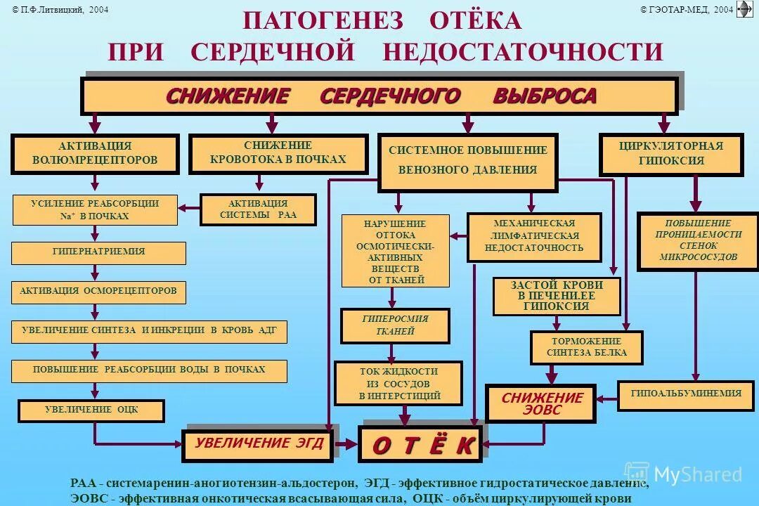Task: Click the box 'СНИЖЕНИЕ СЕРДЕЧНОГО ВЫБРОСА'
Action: coord(379,96)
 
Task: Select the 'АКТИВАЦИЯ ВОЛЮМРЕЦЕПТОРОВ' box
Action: coord(95,153)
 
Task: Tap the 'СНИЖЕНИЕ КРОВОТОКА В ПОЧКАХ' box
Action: coord(278,153)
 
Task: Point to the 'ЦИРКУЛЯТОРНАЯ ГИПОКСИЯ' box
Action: coord(670,154)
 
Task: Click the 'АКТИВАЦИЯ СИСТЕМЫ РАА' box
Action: coord(258,209)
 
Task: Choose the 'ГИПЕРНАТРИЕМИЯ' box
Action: coord(98,252)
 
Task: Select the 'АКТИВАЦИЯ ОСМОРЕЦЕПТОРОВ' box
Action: coord(98,292)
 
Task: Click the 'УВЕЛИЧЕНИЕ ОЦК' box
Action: coord(91,410)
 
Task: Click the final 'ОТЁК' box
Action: coord(420,445)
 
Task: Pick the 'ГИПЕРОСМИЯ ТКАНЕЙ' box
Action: coord(395,325)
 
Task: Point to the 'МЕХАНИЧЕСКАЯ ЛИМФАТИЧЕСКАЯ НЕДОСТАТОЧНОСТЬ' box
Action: coord(534,237)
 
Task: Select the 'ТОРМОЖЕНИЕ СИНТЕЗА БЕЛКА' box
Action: coord(586,347)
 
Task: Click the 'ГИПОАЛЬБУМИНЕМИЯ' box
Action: coord(686,395)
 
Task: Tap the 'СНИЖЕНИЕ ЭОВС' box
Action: coord(541,403)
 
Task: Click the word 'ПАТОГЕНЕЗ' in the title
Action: coord(323,21)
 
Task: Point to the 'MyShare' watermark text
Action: coord(696,475)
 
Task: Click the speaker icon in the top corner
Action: coord(744,9)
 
